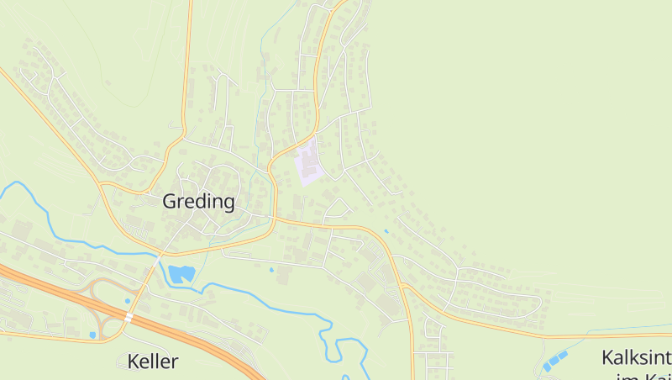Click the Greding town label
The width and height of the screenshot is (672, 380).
pyautogui.click(x=198, y=202)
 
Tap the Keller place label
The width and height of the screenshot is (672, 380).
pyautogui.click(x=153, y=362)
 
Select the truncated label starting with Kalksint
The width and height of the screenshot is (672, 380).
pyautogui.click(x=636, y=357)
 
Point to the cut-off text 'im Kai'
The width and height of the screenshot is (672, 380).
pyautogui.click(x=643, y=376)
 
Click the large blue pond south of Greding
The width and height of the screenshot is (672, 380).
pyautogui.click(x=181, y=273)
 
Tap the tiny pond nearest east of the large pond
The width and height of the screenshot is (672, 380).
pyautogui.click(x=270, y=270)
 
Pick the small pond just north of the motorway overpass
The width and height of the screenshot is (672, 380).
pyautogui.click(x=128, y=301)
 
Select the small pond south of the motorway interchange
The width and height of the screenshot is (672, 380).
pyautogui.click(x=92, y=335)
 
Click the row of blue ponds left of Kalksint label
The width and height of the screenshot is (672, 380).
pyautogui.click(x=554, y=361)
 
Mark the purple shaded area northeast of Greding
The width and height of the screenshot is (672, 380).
pyautogui.click(x=309, y=163)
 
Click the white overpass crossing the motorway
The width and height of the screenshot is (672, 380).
pyautogui.click(x=129, y=318)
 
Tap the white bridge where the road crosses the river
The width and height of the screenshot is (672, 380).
pyautogui.click(x=159, y=252)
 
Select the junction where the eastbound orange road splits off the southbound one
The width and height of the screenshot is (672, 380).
pyautogui.click(x=404, y=287)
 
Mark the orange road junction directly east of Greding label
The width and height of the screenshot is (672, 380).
pyautogui.click(x=274, y=218)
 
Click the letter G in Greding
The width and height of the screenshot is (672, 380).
pyautogui.click(x=170, y=202)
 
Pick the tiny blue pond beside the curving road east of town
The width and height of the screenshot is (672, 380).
pyautogui.click(x=386, y=231)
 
